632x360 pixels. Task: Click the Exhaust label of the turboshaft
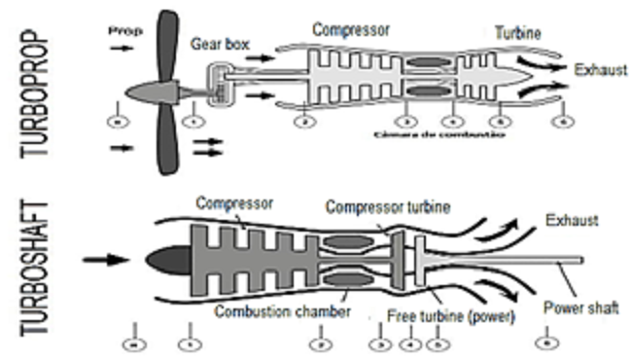point(574,220)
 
